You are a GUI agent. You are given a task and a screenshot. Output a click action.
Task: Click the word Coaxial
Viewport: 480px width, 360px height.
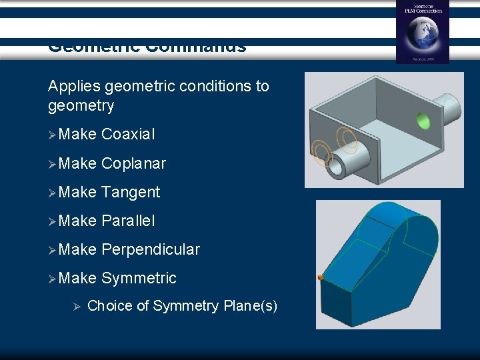coord(128,135)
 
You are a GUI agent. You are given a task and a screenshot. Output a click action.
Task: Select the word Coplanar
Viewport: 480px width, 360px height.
coord(133,163)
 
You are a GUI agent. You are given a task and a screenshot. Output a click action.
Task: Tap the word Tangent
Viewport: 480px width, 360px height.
coord(131,192)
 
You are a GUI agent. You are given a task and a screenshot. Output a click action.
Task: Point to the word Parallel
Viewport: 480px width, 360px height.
coord(128,221)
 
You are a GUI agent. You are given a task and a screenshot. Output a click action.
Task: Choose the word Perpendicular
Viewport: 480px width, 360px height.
coord(150,249)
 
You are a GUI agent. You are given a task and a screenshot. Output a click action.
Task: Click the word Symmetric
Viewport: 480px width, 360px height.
coord(139,278)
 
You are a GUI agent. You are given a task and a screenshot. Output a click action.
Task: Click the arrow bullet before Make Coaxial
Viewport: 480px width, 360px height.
coord(53,135)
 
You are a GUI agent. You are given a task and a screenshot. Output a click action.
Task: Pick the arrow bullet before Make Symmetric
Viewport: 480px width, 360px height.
coord(53,278)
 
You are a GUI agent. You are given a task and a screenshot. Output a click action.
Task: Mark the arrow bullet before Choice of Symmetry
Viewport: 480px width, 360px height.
coord(76,306)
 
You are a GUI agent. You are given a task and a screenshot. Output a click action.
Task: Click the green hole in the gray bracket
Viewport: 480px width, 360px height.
coord(423,121)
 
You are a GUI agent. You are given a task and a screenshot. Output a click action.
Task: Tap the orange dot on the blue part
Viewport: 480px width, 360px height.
coord(321,277)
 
